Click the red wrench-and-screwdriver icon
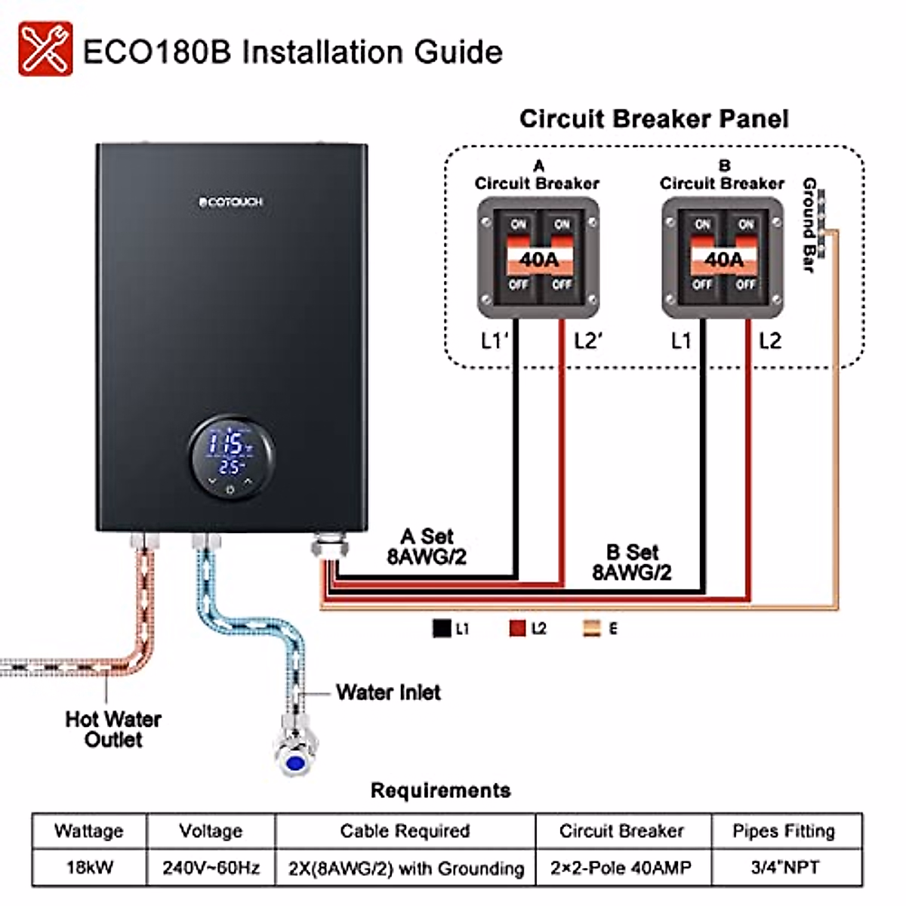pos(45,49)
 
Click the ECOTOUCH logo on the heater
pos(231,202)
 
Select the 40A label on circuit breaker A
pos(539,260)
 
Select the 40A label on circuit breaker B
pos(723,260)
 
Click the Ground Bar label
pos(809,224)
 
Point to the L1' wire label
pos(495,341)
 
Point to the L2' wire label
pos(587,341)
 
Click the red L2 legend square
pos(517,628)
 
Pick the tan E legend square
pos(593,628)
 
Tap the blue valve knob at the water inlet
pos(296,763)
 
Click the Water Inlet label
pos(388,692)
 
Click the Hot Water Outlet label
pos(113,729)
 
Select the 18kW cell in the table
pos(89,867)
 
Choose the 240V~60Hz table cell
pos(211,867)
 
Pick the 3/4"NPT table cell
pos(785,867)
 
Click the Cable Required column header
pos(405,831)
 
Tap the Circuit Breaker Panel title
pos(654,119)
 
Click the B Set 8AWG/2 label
pos(632,562)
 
